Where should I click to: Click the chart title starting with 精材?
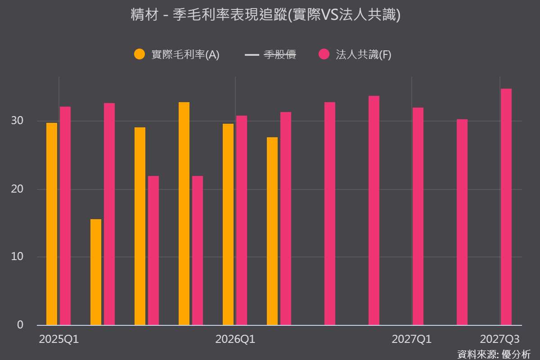point(265,14)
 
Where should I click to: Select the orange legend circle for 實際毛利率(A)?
point(139,54)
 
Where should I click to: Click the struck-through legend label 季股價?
point(280,54)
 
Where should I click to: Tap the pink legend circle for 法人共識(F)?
point(324,54)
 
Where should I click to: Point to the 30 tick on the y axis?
point(17,121)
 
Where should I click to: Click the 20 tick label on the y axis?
point(17,189)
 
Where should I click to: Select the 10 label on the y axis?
point(17,256)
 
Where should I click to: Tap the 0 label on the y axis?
point(20,325)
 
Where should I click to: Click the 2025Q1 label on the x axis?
point(59,339)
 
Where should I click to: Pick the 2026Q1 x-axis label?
point(235,339)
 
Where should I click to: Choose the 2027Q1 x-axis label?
point(411,339)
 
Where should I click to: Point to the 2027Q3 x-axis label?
point(499,339)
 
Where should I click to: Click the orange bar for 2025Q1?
point(52,224)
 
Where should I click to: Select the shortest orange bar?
point(96,272)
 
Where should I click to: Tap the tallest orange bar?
point(184,214)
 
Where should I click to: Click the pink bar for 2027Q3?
point(506,207)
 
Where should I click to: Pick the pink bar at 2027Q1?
point(418,216)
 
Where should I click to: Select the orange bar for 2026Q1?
point(228,225)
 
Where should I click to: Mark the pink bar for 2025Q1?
point(65,216)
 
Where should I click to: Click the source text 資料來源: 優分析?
point(494,354)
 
